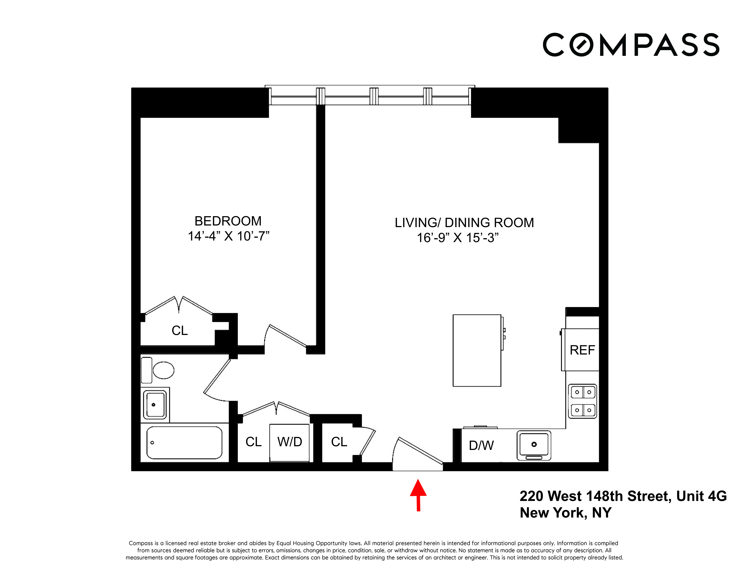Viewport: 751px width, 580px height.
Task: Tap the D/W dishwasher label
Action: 481,446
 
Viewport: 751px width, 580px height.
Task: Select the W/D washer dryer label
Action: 290,442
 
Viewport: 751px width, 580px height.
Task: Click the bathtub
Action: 184,443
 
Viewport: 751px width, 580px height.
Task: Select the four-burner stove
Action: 582,401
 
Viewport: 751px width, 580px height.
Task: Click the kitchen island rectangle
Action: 477,351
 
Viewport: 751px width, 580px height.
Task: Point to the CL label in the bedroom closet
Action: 179,331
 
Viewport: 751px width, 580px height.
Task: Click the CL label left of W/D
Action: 253,442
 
